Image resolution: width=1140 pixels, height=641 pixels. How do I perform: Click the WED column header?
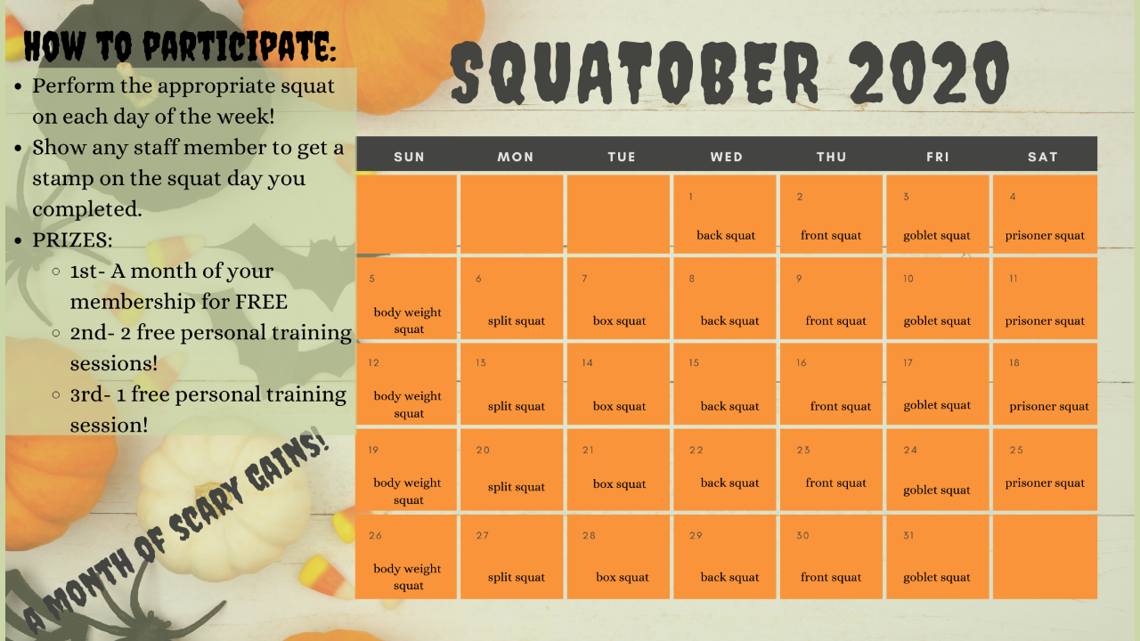click(x=726, y=157)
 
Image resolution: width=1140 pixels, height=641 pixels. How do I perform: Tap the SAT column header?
click(x=1043, y=157)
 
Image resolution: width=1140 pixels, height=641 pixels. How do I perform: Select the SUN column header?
click(x=409, y=157)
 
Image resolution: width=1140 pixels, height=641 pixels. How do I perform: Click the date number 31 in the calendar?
click(x=908, y=535)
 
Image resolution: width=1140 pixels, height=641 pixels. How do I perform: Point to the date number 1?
click(x=690, y=197)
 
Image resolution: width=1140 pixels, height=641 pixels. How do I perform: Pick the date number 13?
click(x=481, y=362)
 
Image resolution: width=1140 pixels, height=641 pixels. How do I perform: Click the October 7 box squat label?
click(x=619, y=321)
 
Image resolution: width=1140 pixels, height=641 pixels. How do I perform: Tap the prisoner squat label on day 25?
click(x=1045, y=483)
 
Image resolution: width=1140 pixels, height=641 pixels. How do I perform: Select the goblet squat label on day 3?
click(x=936, y=236)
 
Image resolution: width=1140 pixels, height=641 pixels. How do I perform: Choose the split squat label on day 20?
click(x=516, y=487)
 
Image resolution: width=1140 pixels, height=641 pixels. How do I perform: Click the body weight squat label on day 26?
click(x=407, y=577)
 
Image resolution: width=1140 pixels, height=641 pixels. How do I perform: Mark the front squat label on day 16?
click(x=840, y=407)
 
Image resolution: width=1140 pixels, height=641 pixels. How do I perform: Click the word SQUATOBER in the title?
click(x=635, y=72)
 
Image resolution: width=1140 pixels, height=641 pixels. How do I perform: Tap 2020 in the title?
click(x=930, y=72)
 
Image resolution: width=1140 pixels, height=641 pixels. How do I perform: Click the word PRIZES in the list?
click(x=72, y=240)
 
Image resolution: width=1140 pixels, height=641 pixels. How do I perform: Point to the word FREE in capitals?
click(x=261, y=302)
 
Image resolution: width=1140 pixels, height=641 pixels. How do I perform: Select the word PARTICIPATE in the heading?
click(x=240, y=47)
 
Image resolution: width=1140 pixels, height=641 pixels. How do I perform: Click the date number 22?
click(x=696, y=450)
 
